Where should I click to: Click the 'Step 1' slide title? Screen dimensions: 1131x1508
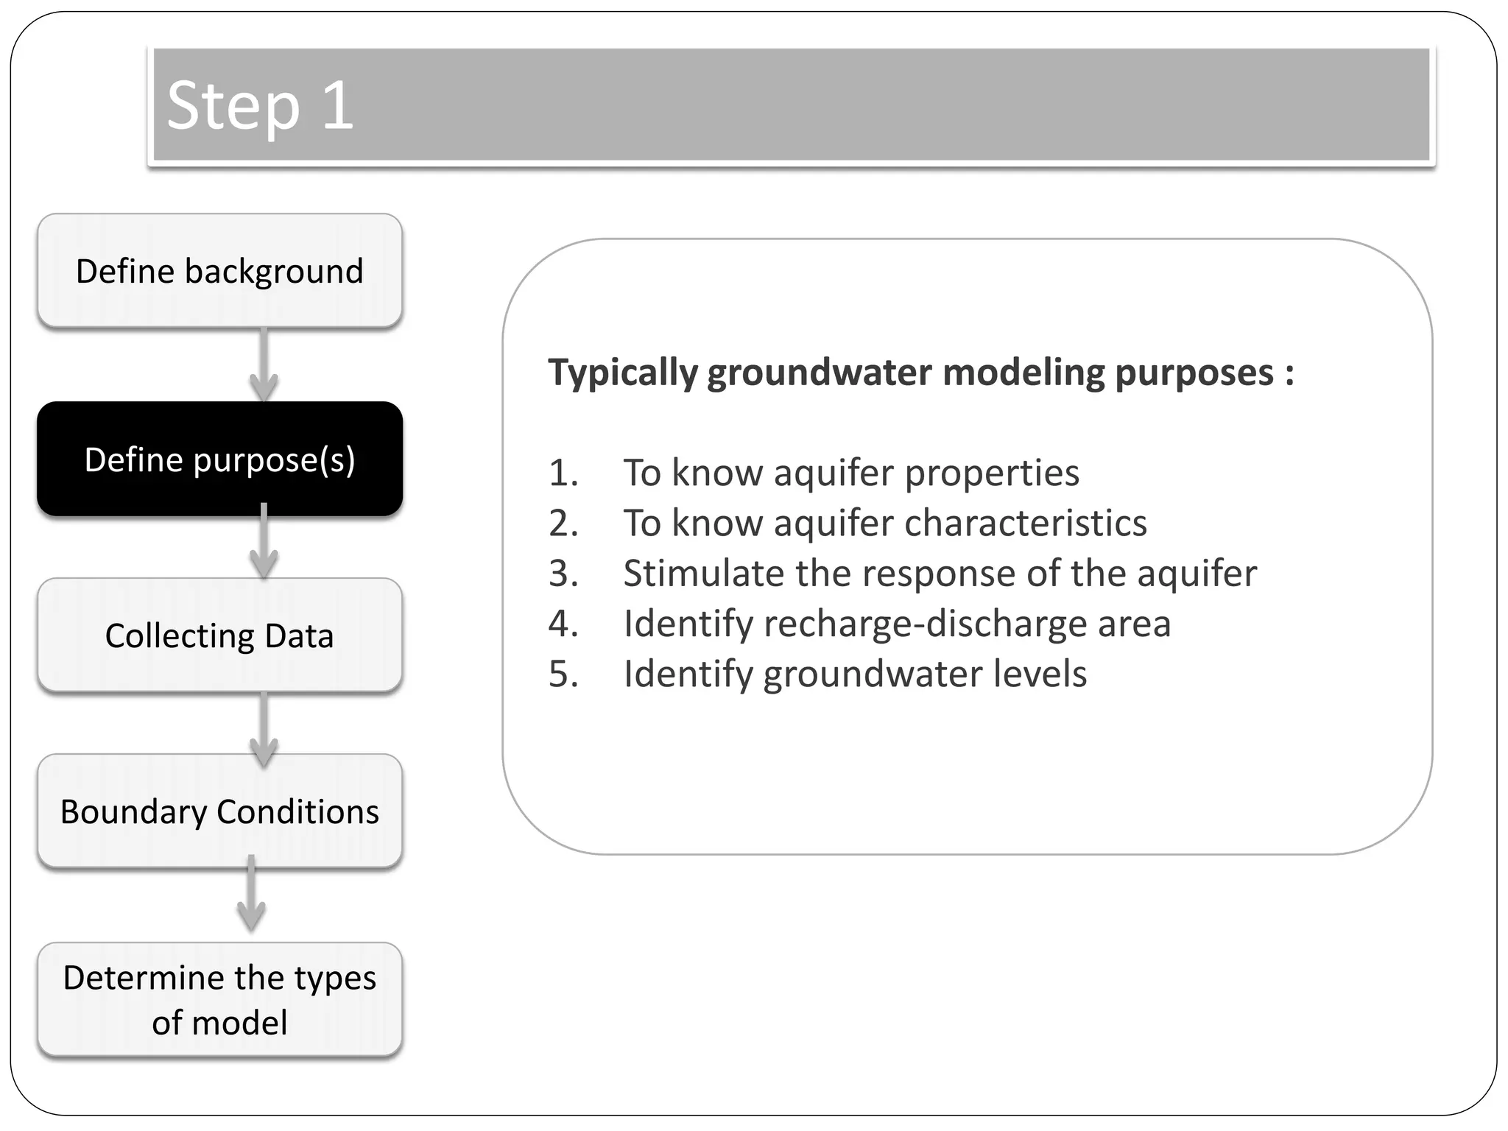click(x=260, y=105)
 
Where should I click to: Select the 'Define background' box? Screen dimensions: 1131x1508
click(x=219, y=271)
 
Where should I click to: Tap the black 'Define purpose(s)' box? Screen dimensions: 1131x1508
click(x=219, y=459)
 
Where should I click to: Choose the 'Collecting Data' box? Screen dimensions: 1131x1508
click(x=219, y=635)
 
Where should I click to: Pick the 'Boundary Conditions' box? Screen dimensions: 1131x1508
click(x=219, y=811)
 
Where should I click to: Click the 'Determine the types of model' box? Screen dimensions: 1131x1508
click(x=219, y=1000)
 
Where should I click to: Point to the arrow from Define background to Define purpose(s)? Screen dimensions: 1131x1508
click(x=264, y=365)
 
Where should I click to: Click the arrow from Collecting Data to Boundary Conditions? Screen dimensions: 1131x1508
click(x=264, y=729)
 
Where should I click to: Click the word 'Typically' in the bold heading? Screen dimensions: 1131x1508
click(x=622, y=373)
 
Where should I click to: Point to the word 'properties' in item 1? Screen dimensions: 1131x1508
click(x=992, y=473)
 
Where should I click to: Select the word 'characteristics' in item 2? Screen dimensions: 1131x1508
click(x=1025, y=524)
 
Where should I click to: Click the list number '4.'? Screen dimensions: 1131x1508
click(x=563, y=624)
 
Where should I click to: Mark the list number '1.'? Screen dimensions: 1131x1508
click(x=563, y=473)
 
